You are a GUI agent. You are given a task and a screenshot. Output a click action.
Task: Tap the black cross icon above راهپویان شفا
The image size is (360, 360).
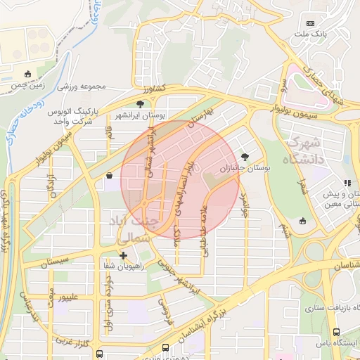click(x=123, y=255)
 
